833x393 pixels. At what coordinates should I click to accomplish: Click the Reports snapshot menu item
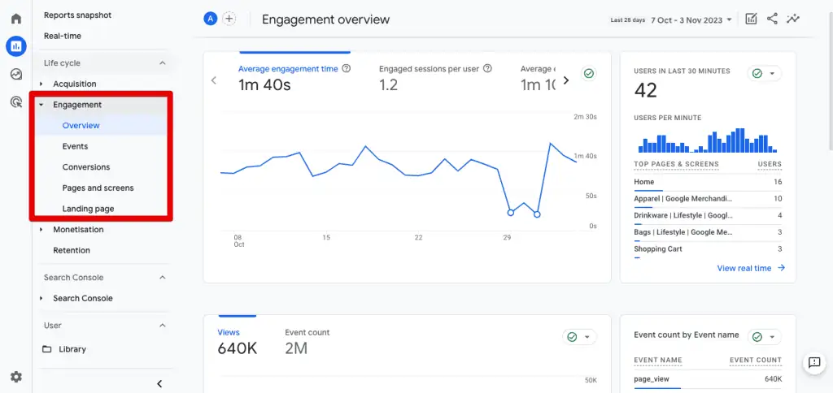(x=77, y=15)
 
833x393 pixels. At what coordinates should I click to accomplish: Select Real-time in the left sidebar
(x=63, y=36)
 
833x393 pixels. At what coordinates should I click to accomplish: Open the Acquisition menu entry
(x=74, y=84)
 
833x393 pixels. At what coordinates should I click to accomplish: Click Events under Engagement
(x=75, y=146)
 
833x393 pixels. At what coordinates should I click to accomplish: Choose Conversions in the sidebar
(x=85, y=167)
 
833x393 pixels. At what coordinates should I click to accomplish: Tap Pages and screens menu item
(x=98, y=188)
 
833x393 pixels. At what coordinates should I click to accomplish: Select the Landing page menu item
(x=88, y=209)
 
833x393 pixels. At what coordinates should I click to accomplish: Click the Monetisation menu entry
(x=78, y=230)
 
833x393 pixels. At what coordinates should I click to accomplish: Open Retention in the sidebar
(x=72, y=250)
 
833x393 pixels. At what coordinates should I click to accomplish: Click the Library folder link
(x=72, y=349)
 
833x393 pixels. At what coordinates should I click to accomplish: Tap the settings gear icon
(x=15, y=377)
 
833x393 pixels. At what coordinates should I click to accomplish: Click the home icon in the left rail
(x=15, y=19)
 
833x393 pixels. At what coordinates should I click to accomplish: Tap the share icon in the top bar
(x=772, y=19)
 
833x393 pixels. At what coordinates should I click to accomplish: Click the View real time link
(x=750, y=268)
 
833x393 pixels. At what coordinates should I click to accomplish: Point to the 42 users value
(x=645, y=90)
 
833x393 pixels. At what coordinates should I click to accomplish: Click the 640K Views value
(x=238, y=348)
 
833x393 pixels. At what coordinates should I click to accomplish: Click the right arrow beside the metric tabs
(x=566, y=80)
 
